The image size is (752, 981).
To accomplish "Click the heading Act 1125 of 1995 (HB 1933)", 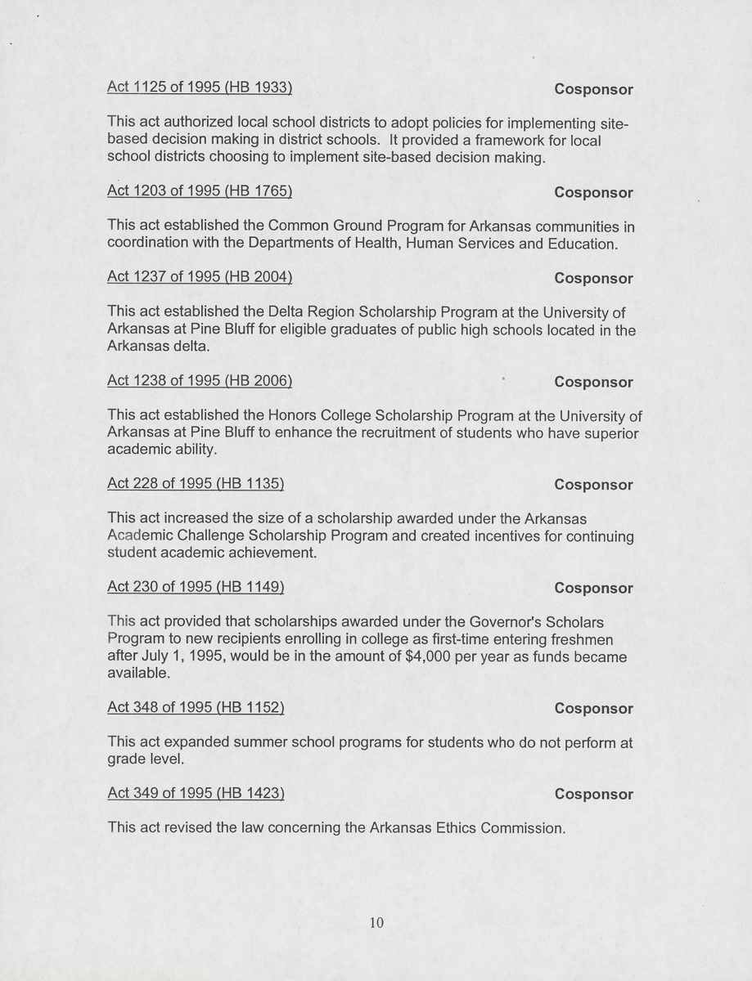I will point(200,87).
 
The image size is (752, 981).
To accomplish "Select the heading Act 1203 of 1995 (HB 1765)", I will point(200,191).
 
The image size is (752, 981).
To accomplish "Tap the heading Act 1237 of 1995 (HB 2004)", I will point(200,277).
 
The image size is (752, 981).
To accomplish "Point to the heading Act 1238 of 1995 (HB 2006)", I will point(200,381).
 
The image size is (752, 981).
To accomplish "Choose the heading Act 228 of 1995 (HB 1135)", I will point(196,483).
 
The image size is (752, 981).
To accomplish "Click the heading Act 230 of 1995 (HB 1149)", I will point(196,586).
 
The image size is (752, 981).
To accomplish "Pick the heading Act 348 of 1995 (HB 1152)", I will point(196,707).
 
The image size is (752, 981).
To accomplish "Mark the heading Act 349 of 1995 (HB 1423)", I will point(196,793).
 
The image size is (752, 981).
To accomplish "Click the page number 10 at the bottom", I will point(376,923).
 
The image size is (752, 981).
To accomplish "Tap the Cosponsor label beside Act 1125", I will point(593,89).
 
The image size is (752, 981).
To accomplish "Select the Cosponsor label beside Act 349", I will point(593,795).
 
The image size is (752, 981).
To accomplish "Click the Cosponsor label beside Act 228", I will point(593,485).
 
